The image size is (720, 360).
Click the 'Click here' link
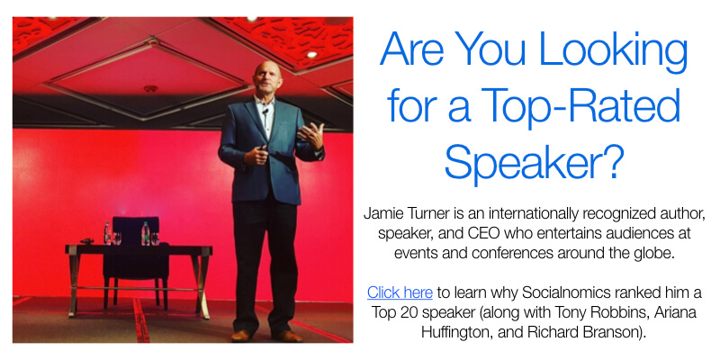pyautogui.click(x=400, y=292)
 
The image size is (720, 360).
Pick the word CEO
pyautogui.click(x=483, y=233)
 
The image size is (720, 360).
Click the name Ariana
pyautogui.click(x=676, y=312)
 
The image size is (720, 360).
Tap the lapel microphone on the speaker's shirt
pyautogui.click(x=265, y=112)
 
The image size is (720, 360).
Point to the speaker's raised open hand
pyautogui.click(x=311, y=136)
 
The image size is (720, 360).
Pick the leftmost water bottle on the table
pyautogui.click(x=107, y=233)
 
